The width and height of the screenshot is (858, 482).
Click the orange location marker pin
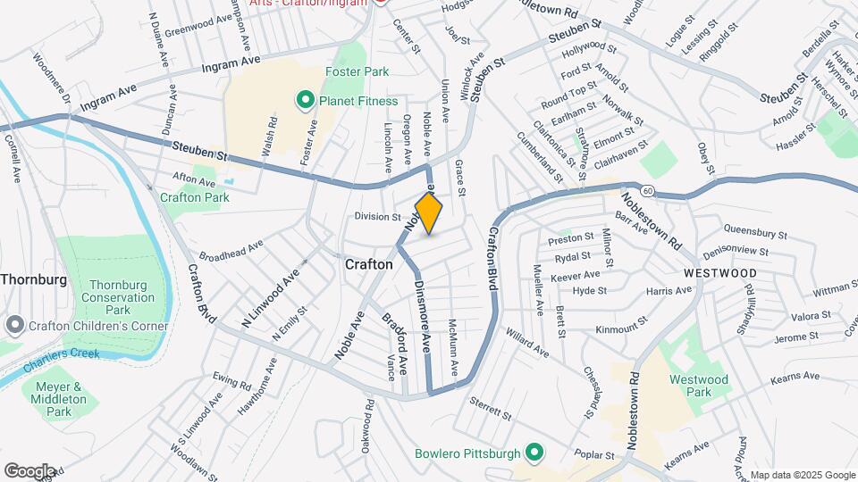[x=429, y=213]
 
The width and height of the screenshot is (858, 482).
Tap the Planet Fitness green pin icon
[x=306, y=101]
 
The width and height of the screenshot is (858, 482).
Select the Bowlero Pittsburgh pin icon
[x=534, y=453]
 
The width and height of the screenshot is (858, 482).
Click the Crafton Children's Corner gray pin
[x=13, y=325]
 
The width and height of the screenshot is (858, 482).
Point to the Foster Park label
[x=357, y=71]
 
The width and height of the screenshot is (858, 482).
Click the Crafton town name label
[x=368, y=265]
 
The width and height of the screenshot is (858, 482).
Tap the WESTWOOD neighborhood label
[x=720, y=273]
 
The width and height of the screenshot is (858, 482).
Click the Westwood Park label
[x=699, y=386]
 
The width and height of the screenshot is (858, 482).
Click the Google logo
[x=29, y=470]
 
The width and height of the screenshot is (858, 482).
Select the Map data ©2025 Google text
[x=802, y=475]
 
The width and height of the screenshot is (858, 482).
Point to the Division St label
[x=377, y=217]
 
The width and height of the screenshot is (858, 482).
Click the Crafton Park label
[x=189, y=196]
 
